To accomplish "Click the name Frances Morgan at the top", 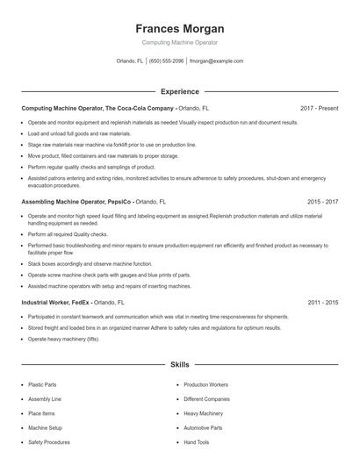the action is (x=180, y=28).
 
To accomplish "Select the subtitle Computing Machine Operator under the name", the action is (x=180, y=42).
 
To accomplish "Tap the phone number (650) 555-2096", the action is (x=166, y=61).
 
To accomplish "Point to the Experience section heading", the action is (x=180, y=91).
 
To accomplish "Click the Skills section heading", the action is (x=180, y=363).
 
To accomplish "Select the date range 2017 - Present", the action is (x=319, y=108).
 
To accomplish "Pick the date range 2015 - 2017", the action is (x=322, y=201).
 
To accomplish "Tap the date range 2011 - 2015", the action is (x=322, y=302).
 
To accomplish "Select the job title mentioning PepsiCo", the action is (x=93, y=201).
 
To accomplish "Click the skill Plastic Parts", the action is (x=43, y=384).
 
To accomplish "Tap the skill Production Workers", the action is (x=205, y=384).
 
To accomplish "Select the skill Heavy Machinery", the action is (x=203, y=413).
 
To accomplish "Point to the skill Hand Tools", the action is (x=196, y=442).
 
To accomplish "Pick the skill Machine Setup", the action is (x=44, y=428).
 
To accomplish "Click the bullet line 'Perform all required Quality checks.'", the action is (x=68, y=234).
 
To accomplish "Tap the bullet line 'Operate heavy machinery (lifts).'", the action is (x=63, y=338).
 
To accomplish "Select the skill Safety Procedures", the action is (x=48, y=442).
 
